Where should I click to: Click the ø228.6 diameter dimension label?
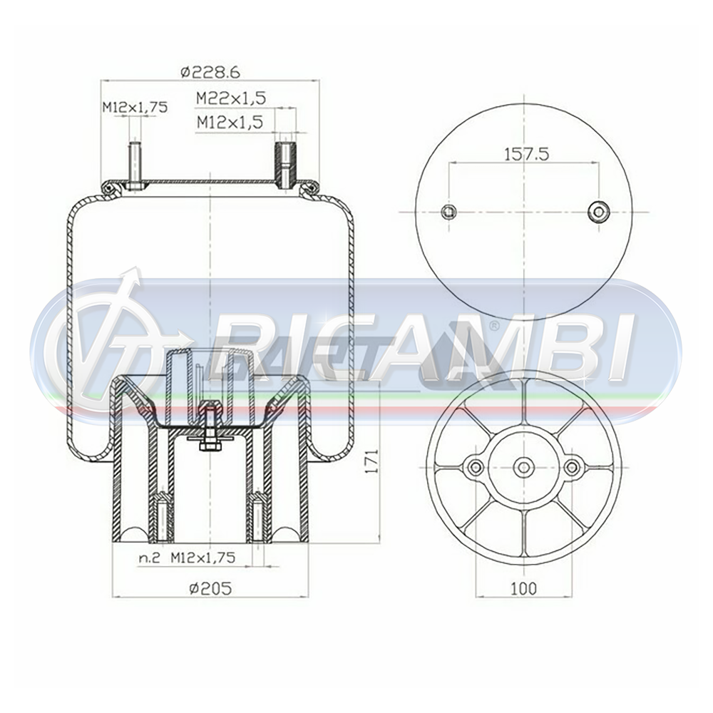coord(209,71)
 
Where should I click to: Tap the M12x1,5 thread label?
coord(230,123)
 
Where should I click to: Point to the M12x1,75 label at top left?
coord(134,107)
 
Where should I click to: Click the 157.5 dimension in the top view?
coord(525,153)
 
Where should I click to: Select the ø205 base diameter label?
coord(211,588)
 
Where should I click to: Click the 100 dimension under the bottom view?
coord(524,588)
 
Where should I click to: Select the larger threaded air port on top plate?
coord(284,164)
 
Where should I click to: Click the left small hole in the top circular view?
coord(448,211)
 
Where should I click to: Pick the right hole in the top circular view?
coord(598,211)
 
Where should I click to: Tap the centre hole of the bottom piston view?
coord(524,467)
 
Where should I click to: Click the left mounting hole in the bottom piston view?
coord(475,467)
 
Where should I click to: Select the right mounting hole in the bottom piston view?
coord(573,467)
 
